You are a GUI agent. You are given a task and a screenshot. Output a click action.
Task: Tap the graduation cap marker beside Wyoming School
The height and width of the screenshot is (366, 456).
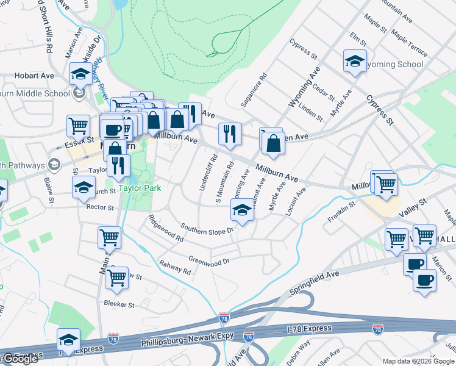pyautogui.click(x=355, y=61)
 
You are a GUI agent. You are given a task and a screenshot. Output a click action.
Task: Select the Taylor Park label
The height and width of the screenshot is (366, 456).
pyautogui.click(x=140, y=188)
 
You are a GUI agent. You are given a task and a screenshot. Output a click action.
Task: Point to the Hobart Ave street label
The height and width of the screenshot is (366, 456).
pyautogui.click(x=35, y=76)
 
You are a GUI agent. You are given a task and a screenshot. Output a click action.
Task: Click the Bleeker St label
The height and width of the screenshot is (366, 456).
pyautogui.click(x=119, y=303)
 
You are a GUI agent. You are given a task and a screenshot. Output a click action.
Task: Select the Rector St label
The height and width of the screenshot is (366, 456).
pyautogui.click(x=101, y=207)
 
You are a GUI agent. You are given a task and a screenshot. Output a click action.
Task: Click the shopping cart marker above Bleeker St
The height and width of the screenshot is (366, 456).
pyautogui.click(x=116, y=278)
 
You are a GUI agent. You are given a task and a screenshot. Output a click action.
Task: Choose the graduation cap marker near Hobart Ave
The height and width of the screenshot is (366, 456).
pyautogui.click(x=80, y=73)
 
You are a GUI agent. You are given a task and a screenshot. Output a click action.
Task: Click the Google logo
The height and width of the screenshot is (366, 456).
pyautogui.click(x=20, y=359)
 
